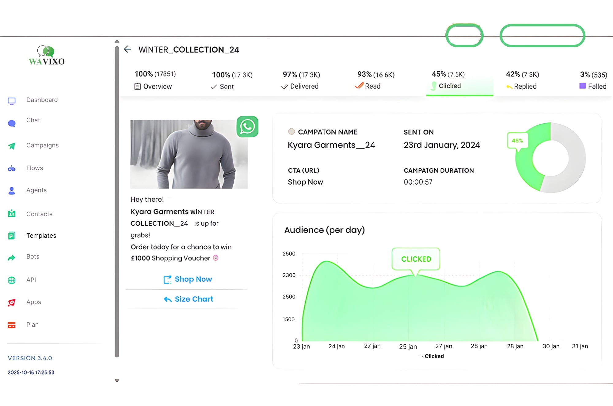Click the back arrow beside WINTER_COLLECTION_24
[x=128, y=49]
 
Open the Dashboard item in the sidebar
[x=42, y=100]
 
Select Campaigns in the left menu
[x=42, y=145]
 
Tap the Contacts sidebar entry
[x=39, y=214]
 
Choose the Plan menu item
[x=32, y=325]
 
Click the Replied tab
[x=525, y=86]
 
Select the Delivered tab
[x=304, y=86]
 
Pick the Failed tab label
[x=596, y=86]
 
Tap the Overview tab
[x=157, y=87]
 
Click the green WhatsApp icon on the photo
[x=247, y=127]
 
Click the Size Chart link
[x=193, y=299]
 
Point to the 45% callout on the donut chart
[x=517, y=141]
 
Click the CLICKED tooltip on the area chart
[x=416, y=259]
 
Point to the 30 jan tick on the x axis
[x=551, y=346]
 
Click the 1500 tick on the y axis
[x=288, y=319]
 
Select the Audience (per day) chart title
[x=324, y=230]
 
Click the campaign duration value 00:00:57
[x=418, y=182]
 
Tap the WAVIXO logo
[x=47, y=56]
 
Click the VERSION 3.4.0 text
[x=30, y=358]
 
